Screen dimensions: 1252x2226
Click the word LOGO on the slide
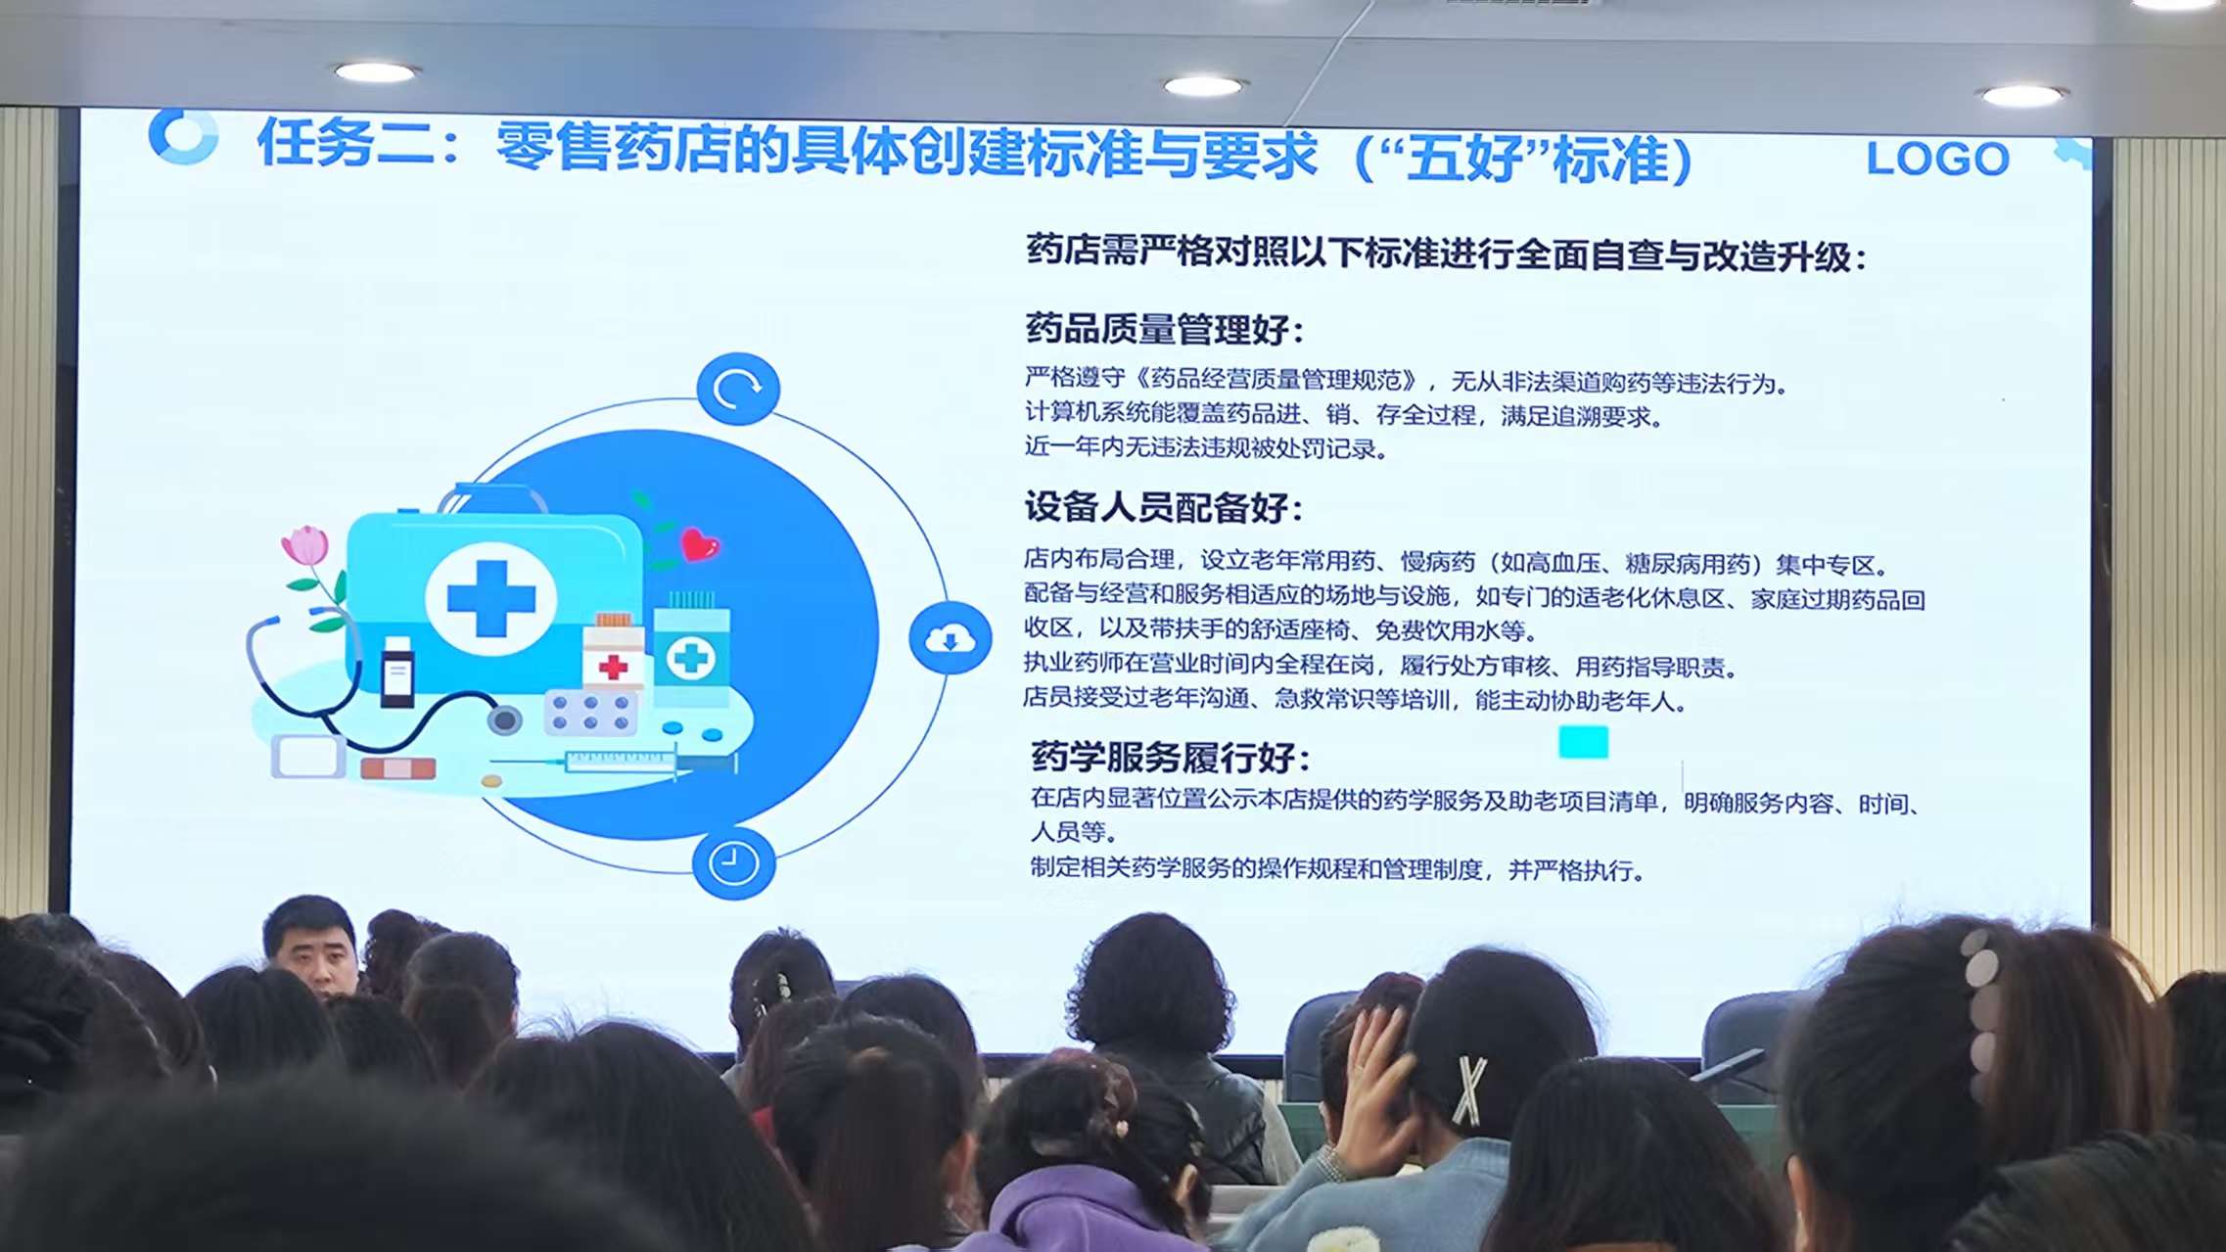coord(1937,160)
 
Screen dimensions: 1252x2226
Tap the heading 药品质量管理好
coord(1163,329)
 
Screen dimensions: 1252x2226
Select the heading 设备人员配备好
coord(1162,508)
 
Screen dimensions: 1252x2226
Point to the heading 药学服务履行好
coord(1169,757)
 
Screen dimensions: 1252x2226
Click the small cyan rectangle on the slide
coord(1583,742)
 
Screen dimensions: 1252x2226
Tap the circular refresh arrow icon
coord(738,389)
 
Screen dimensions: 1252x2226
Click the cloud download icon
coord(950,639)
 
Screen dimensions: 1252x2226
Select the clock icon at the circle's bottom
coord(733,863)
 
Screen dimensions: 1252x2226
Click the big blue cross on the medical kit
coord(490,597)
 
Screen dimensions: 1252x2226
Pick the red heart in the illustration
coord(699,545)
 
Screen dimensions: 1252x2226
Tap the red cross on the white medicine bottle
coord(613,668)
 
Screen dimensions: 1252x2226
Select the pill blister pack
coord(590,713)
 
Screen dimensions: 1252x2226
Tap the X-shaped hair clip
coord(1468,1089)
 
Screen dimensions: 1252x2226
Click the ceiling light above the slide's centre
coord(1203,86)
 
